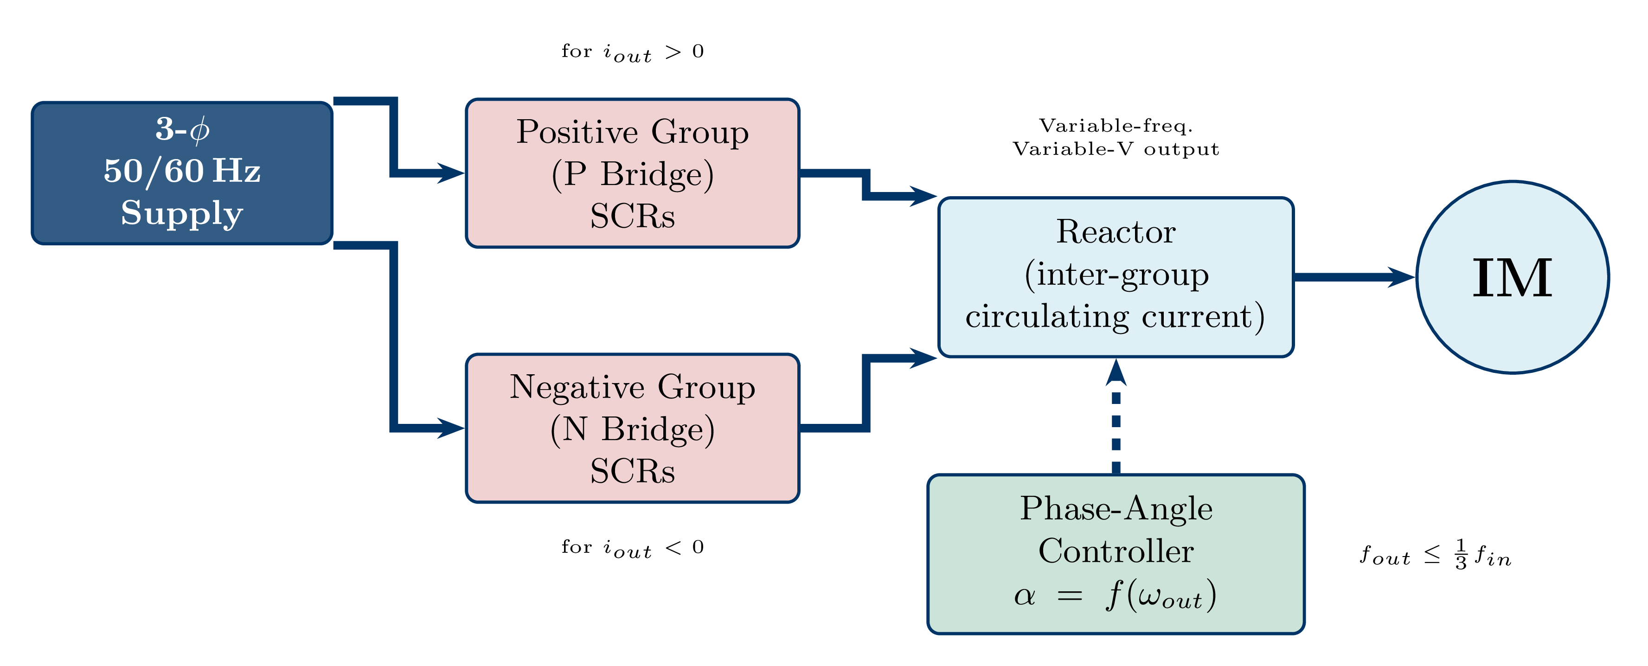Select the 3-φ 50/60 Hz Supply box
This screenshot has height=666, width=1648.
182,173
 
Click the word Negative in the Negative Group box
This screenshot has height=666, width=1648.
577,387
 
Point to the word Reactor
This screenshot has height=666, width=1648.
1116,231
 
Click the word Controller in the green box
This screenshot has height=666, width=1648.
1116,551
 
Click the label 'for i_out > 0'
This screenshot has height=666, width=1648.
632,52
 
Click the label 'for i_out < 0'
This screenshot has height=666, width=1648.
632,548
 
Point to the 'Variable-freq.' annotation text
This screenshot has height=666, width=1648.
1116,126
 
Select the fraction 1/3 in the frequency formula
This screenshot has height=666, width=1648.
1461,555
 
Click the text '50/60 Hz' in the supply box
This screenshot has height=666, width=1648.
182,172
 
